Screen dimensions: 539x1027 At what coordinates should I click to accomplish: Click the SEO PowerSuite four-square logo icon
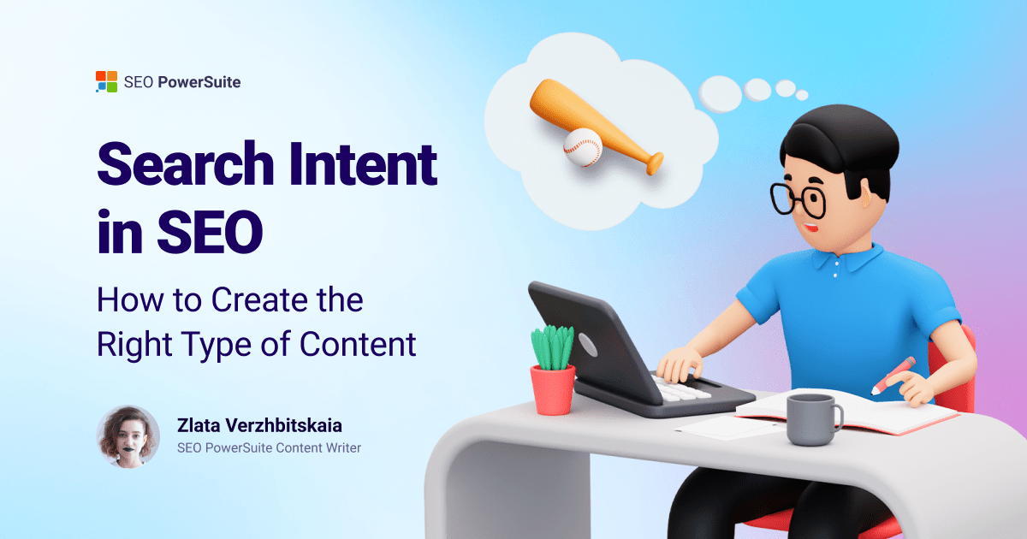point(106,82)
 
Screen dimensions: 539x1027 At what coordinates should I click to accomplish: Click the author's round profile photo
point(128,436)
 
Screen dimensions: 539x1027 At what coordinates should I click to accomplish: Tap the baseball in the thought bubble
point(582,146)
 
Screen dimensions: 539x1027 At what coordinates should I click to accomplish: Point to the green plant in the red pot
point(552,346)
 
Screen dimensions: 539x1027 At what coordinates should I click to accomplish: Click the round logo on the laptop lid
point(587,345)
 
